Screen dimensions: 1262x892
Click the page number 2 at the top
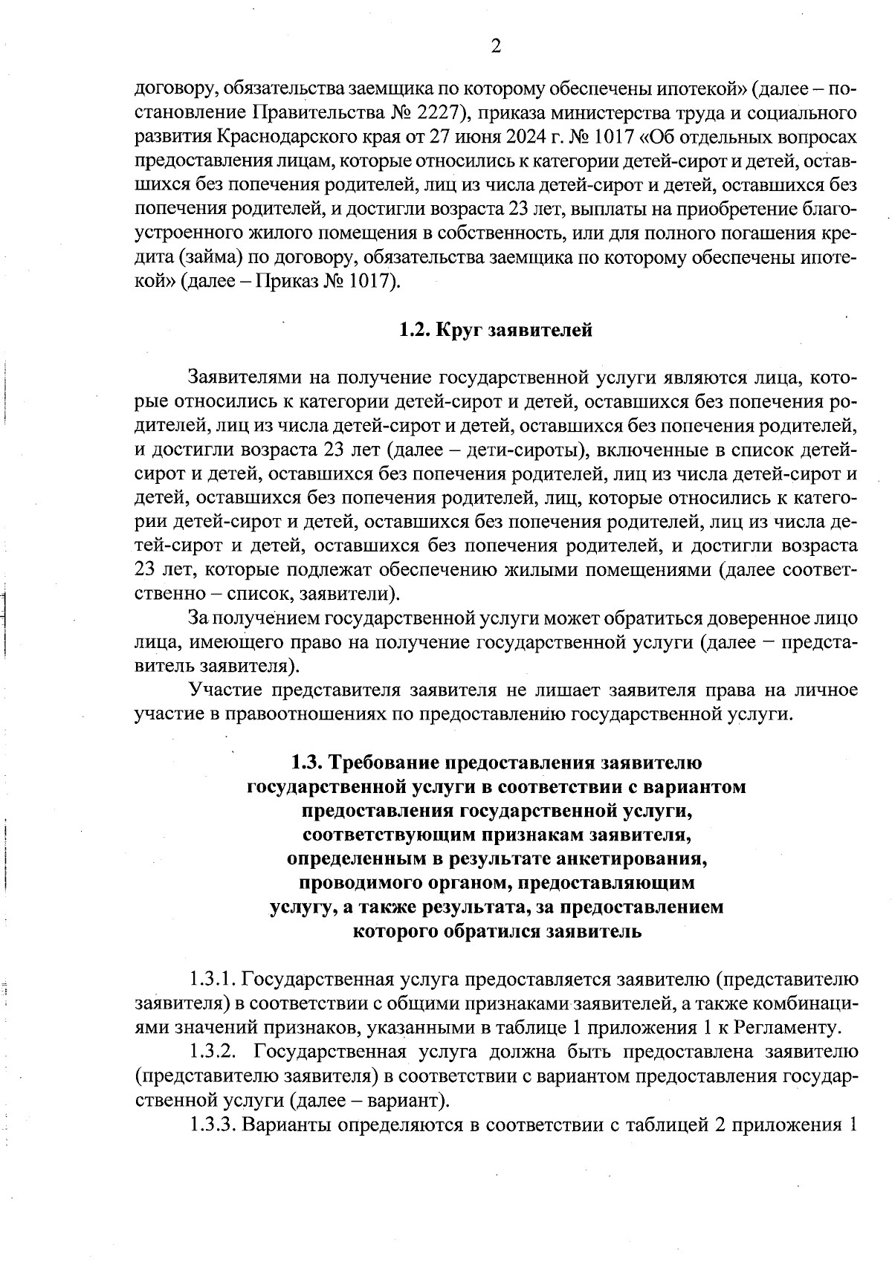coord(496,46)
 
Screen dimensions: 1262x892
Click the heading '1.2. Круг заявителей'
coord(496,330)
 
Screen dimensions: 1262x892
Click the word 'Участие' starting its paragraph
coord(221,690)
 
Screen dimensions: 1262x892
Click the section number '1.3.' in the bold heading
coord(306,762)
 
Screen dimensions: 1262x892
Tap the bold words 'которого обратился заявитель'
coord(496,931)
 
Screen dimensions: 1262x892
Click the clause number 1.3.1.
coord(213,979)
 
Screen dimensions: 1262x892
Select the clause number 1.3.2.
coord(213,1051)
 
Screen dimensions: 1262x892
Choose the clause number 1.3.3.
coord(213,1124)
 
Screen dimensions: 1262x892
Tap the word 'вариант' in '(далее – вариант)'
coord(410,1099)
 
